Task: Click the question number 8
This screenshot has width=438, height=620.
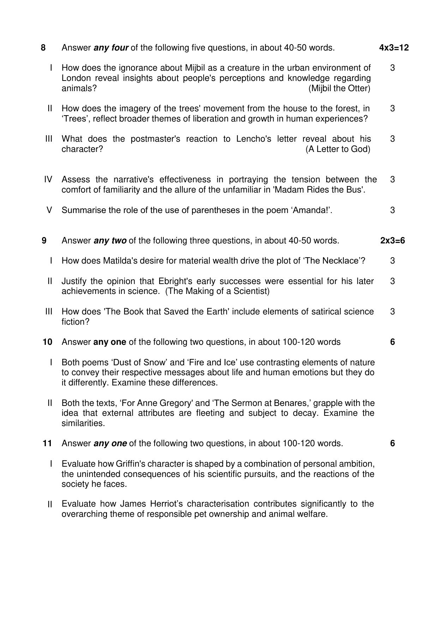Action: tap(43, 48)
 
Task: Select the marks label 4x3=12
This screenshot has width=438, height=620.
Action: tap(394, 48)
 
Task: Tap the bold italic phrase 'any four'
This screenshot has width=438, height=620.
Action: tap(111, 48)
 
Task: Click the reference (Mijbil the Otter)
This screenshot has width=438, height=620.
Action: tap(339, 88)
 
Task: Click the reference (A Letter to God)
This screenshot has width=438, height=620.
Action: tap(338, 149)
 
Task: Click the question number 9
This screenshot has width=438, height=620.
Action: tap(44, 241)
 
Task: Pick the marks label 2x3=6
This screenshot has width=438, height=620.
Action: tap(392, 241)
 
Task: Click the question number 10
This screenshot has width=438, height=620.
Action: tap(47, 342)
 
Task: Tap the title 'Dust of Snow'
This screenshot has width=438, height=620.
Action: tap(136, 362)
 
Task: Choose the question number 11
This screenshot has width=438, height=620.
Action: tap(47, 443)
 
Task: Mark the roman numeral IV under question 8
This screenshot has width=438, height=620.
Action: tap(48, 179)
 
